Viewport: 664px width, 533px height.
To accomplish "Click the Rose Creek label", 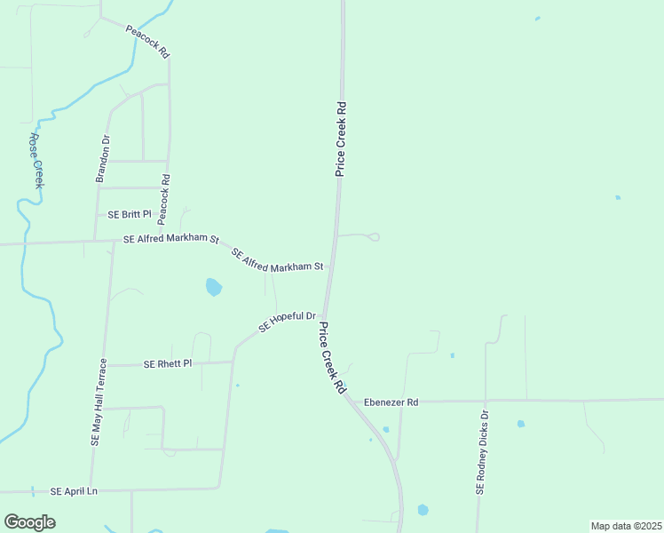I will [x=36, y=161].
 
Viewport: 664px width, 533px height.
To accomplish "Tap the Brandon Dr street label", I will [x=103, y=159].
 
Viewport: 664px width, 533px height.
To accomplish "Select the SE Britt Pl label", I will [x=130, y=215].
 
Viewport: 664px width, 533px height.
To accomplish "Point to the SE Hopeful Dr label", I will [x=288, y=322].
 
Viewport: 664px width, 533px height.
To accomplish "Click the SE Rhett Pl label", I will [x=168, y=363].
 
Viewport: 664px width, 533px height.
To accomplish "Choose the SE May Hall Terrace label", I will [x=98, y=402].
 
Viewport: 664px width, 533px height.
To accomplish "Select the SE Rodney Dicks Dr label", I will [x=482, y=452].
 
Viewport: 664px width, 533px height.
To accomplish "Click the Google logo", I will [x=30, y=521].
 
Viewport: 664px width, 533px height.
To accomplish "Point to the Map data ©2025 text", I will [x=626, y=526].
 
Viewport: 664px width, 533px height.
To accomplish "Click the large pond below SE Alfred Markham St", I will [x=213, y=287].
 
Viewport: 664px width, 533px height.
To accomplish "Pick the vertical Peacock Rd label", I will [x=164, y=198].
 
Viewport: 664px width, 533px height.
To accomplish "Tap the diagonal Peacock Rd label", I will [x=147, y=42].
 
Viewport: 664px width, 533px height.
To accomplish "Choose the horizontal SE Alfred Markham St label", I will [x=171, y=239].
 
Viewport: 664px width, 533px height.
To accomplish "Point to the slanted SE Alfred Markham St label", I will [x=277, y=260].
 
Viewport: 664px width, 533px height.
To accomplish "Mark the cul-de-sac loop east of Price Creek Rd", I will [x=374, y=236].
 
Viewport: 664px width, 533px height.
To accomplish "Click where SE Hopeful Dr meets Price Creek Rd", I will [x=323, y=318].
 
